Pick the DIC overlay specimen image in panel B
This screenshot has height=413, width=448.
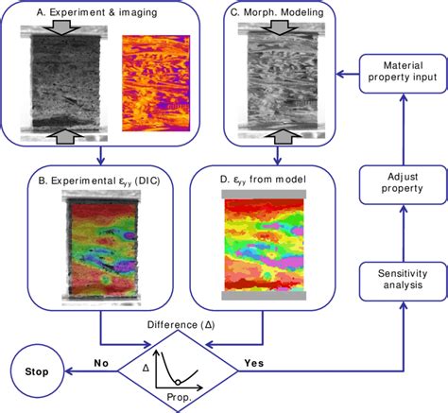(x=103, y=248)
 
